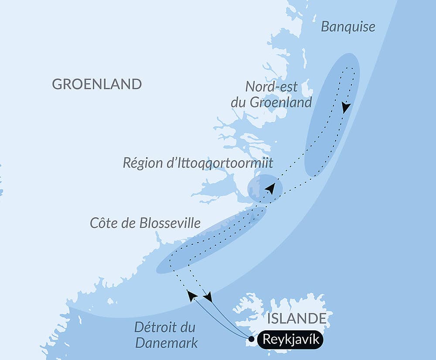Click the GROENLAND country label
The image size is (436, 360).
[97, 84]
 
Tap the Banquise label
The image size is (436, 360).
[348, 27]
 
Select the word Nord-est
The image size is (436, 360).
[272, 86]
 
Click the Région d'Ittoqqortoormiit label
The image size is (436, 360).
[198, 163]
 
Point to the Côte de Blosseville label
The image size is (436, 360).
[145, 223]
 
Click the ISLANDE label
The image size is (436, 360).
[297, 318]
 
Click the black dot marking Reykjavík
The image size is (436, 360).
[252, 339]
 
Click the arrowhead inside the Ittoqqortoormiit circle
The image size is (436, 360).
[271, 189]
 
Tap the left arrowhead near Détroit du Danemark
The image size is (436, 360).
[191, 295]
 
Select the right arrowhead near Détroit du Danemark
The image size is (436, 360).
[208, 297]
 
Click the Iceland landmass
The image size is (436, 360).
[301, 305]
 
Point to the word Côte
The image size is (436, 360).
[103, 223]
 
